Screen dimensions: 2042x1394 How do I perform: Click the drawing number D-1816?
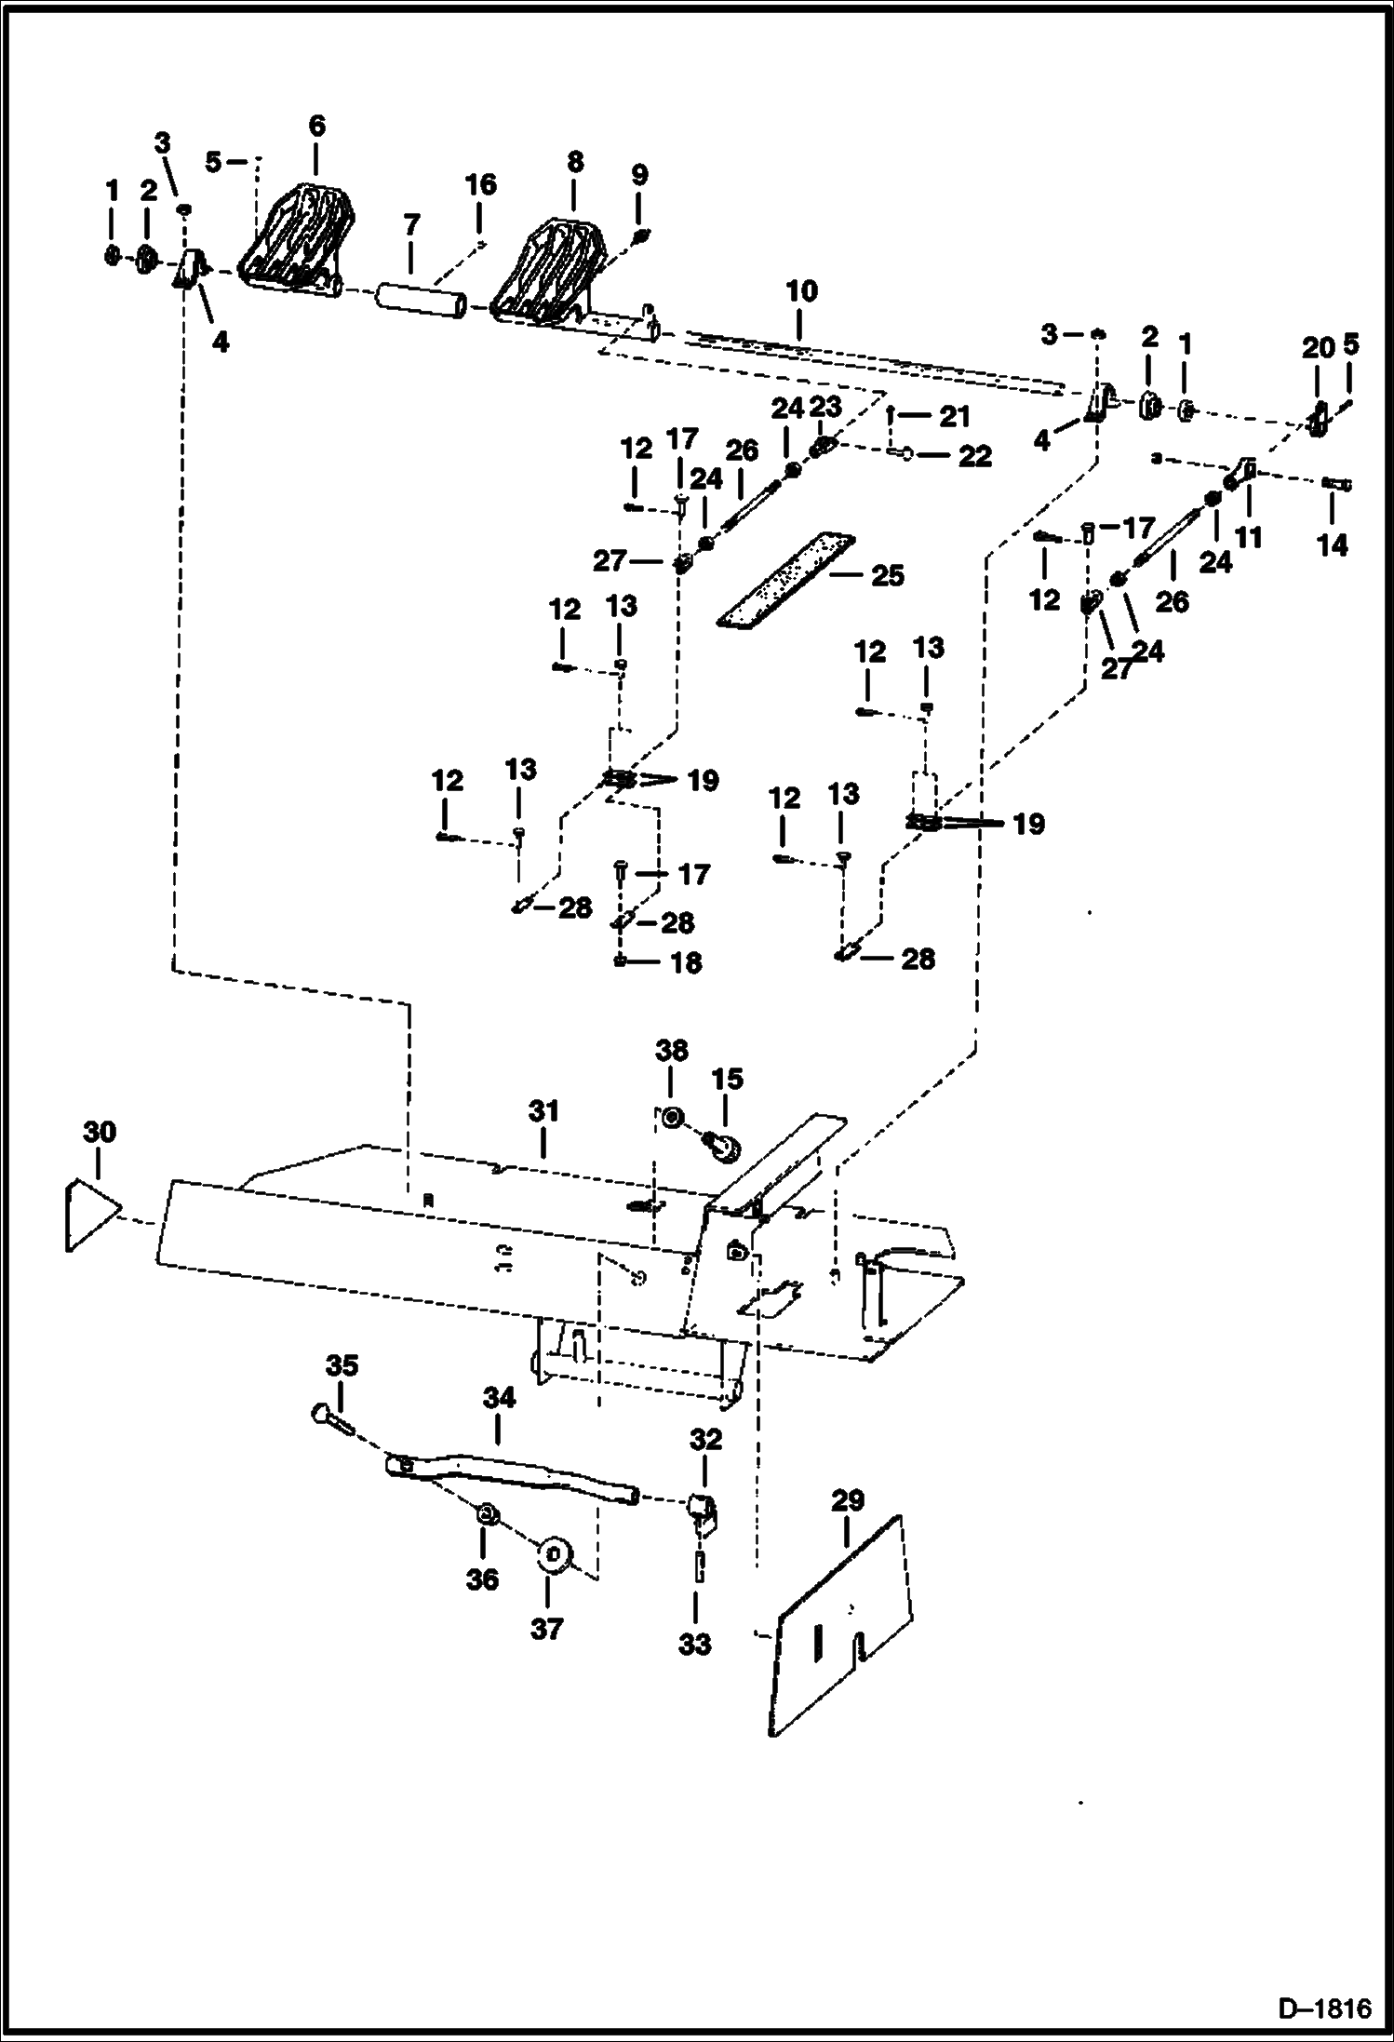(x=1324, y=2007)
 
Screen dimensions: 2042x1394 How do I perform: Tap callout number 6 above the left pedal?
(x=316, y=126)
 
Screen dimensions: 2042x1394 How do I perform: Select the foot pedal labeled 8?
(x=549, y=270)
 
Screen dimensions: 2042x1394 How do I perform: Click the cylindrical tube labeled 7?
(x=421, y=302)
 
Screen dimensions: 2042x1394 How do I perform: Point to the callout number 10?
(x=801, y=291)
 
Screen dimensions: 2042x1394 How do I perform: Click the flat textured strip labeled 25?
(x=786, y=581)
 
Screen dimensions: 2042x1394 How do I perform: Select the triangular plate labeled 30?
(x=90, y=1216)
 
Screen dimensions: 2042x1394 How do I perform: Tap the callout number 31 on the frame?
(x=543, y=1111)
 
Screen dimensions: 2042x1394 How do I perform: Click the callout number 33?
(x=694, y=1645)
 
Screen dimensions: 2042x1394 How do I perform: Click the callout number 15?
(x=728, y=1079)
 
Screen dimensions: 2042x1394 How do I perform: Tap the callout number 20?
(x=1318, y=349)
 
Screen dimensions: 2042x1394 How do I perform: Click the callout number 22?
(x=974, y=456)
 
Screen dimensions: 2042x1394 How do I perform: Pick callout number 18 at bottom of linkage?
(x=686, y=962)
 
